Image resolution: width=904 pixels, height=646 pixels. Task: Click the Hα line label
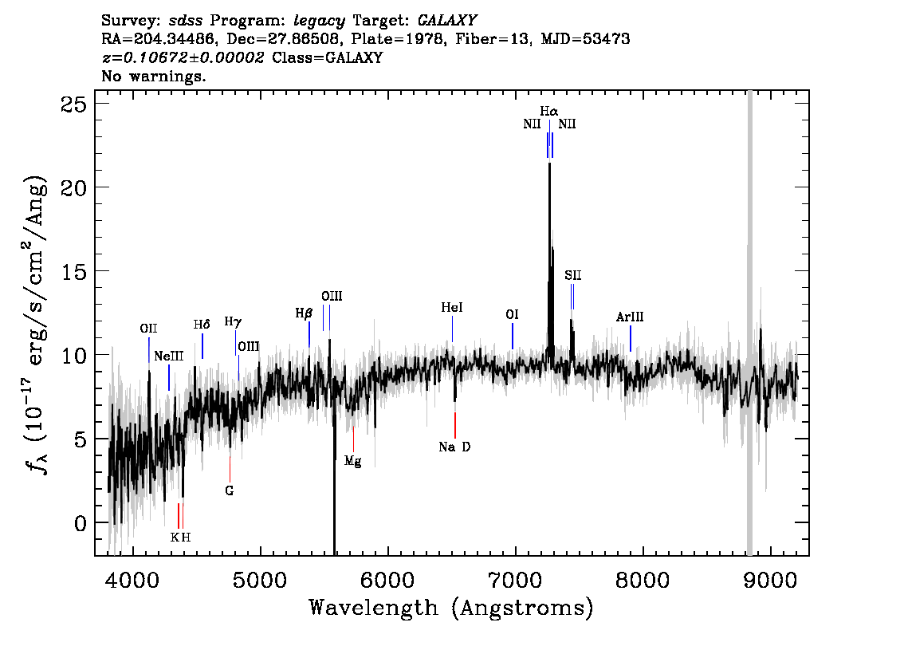point(548,111)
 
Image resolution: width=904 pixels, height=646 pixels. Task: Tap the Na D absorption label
point(454,447)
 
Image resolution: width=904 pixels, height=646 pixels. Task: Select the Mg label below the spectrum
point(353,461)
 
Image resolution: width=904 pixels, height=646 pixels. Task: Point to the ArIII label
point(630,317)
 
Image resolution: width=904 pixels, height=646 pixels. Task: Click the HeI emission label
point(452,307)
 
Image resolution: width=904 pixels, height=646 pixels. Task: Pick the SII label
point(573,275)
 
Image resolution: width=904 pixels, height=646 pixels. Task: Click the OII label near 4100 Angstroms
point(148,329)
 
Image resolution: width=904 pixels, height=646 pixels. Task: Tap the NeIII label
point(168,356)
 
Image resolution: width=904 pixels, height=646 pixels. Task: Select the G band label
point(230,490)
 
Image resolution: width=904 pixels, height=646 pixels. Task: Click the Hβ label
point(304,313)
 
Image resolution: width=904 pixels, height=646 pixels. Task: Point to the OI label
point(512,314)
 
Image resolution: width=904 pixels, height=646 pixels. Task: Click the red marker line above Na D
point(455,426)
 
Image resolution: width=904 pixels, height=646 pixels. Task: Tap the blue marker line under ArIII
point(630,339)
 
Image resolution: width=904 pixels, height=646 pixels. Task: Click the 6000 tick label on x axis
point(387,580)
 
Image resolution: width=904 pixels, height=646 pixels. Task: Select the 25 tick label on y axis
point(74,104)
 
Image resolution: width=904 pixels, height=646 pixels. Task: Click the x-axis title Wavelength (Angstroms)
point(451,608)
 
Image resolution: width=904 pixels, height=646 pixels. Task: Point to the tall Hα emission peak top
point(549,163)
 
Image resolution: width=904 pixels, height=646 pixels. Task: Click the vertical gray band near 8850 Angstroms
point(749,323)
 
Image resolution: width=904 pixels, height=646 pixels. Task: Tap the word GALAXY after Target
point(446,20)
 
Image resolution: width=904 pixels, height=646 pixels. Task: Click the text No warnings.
point(153,76)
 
